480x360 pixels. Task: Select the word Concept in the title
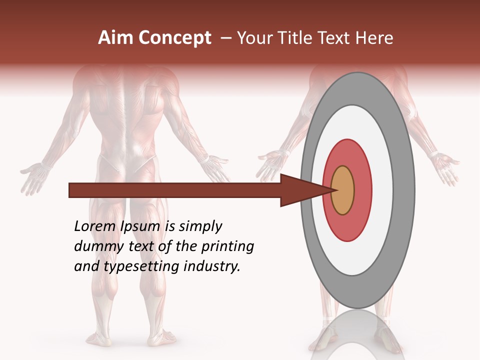[x=175, y=38]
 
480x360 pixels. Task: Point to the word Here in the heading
[x=375, y=38]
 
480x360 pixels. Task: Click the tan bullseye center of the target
[x=342, y=190]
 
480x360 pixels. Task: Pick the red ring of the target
[x=362, y=190]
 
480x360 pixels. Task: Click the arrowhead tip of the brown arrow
[x=334, y=190]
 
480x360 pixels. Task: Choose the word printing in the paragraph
[x=227, y=247]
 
